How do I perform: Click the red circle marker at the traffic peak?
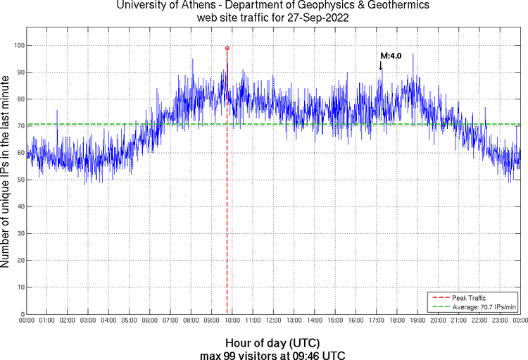(227, 48)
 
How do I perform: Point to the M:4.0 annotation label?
(391, 55)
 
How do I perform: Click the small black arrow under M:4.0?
(381, 65)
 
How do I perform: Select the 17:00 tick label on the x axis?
(376, 321)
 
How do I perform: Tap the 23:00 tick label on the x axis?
(499, 321)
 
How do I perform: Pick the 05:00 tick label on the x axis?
(130, 321)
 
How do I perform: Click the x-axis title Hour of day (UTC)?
(272, 342)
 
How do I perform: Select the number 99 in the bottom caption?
(230, 354)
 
